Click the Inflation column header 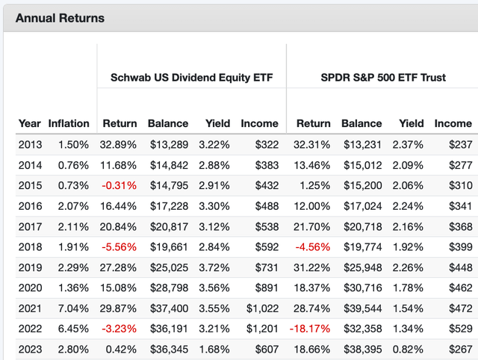(69, 123)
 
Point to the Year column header (30, 123)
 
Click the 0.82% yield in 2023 (411, 349)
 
